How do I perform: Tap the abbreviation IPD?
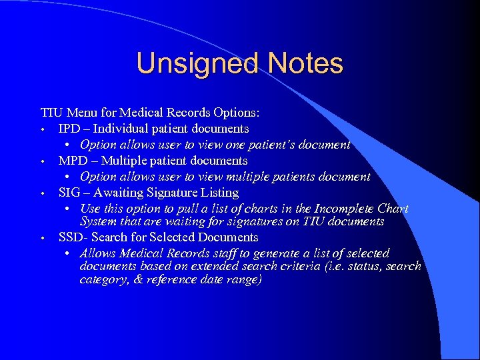point(69,128)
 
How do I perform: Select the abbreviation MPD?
point(71,161)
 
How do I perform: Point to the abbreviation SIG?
point(69,193)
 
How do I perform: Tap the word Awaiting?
point(124,193)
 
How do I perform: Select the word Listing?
point(219,193)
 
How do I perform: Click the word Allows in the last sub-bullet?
point(97,253)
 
